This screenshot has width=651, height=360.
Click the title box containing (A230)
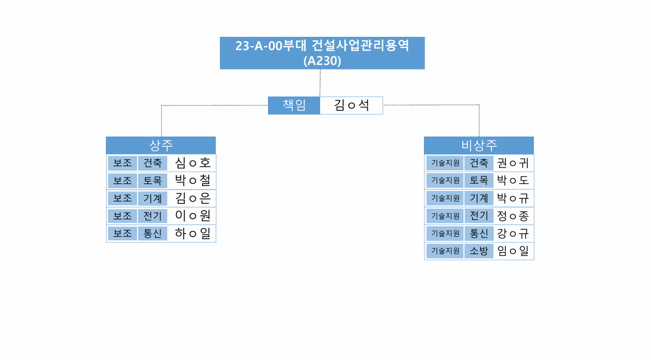point(322,53)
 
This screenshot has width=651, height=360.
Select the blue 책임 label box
point(294,105)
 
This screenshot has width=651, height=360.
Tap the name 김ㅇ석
point(351,105)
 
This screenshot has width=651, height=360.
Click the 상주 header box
point(161,145)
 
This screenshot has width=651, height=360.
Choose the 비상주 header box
point(479,145)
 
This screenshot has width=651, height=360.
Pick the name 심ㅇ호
point(193,163)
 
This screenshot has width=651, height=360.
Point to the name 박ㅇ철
point(193,181)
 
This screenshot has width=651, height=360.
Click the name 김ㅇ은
point(193,198)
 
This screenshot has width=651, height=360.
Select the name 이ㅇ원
point(193,216)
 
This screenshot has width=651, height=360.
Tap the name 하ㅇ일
point(193,234)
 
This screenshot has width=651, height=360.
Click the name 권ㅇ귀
point(513,163)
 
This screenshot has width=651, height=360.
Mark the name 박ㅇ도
point(513,181)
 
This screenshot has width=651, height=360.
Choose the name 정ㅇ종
point(513,216)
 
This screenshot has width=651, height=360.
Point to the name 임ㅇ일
point(513,251)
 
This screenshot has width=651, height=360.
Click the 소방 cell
point(479,251)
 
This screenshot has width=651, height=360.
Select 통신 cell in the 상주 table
point(152,234)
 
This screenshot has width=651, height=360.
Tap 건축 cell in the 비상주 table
point(479,163)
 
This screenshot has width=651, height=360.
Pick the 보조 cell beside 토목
point(122,181)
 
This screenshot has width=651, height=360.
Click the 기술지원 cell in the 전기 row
point(445,216)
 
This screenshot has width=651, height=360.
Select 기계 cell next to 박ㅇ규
point(479,198)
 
